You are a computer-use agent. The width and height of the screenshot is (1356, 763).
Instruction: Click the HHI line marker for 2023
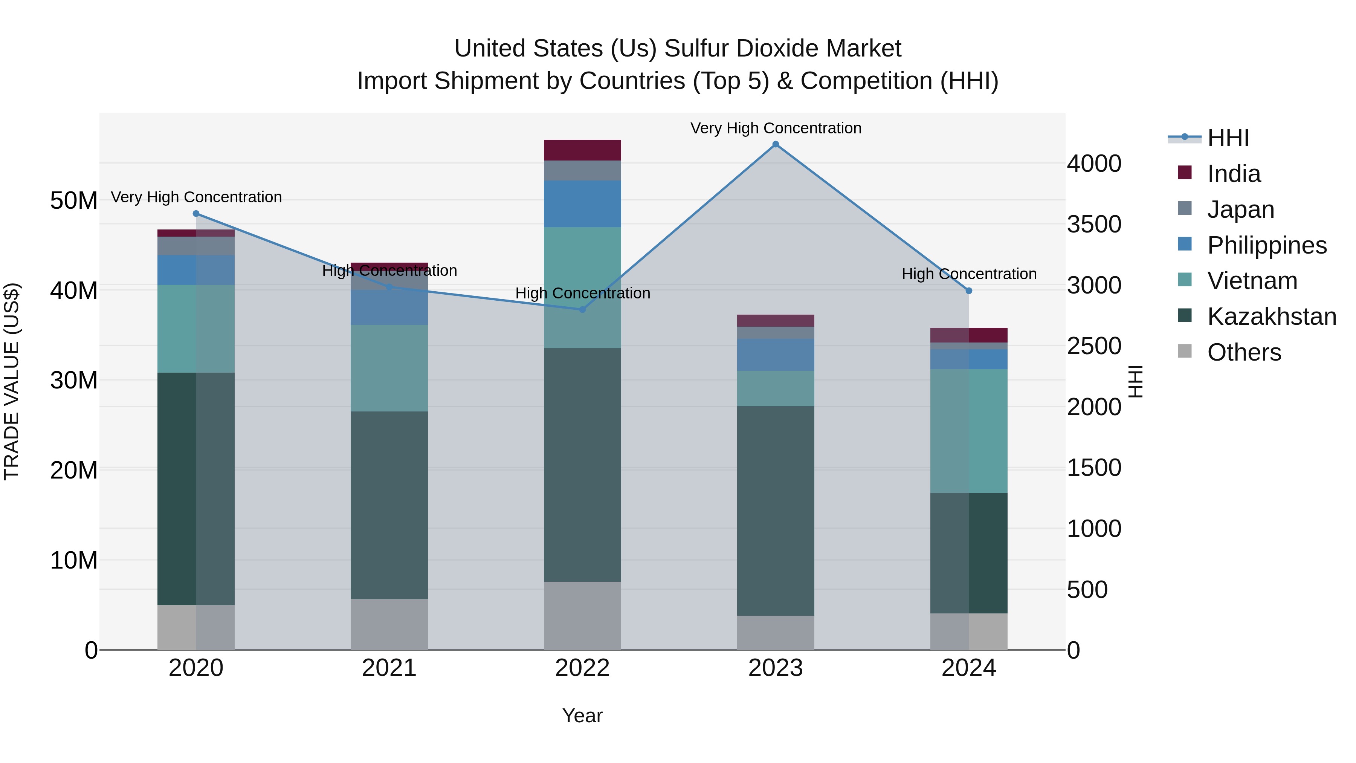(x=776, y=144)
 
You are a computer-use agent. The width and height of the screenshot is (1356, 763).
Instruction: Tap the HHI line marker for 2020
(x=196, y=214)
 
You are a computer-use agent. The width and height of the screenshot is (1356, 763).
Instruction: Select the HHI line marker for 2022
(x=582, y=310)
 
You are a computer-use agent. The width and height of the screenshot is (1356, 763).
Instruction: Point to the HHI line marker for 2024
(x=968, y=291)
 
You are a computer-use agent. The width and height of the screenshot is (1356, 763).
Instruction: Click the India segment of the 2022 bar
(x=582, y=150)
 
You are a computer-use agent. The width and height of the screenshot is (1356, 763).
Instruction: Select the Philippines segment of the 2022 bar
(x=582, y=204)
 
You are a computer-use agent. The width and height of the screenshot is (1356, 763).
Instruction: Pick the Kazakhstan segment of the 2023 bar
(x=776, y=511)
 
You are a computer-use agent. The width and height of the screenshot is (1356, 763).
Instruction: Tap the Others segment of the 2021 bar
(x=389, y=624)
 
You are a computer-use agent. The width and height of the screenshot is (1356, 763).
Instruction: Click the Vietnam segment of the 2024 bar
(x=968, y=431)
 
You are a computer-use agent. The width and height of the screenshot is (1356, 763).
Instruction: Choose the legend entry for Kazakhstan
(x=1271, y=317)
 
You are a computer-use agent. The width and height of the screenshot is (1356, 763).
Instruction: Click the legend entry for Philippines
(x=1266, y=245)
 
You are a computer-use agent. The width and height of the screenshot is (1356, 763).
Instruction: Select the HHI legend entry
(x=1228, y=138)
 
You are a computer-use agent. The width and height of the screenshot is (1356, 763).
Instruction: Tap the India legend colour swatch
(x=1184, y=173)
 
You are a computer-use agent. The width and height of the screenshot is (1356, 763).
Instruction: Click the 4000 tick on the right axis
(x=1094, y=164)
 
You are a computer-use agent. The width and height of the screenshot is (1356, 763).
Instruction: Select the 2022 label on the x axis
(x=582, y=668)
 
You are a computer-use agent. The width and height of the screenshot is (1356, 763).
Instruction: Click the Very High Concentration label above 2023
(x=776, y=128)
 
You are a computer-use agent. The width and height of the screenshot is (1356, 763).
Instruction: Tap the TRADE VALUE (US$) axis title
(x=12, y=381)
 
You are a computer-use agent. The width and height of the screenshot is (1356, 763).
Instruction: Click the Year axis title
(x=582, y=716)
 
